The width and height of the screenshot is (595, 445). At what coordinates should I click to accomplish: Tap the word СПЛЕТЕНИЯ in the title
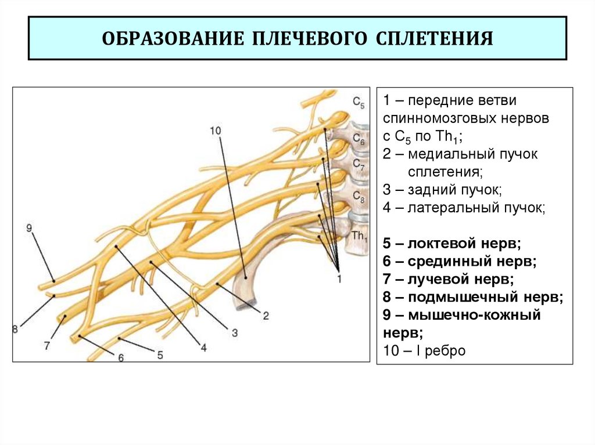pyautogui.click(x=435, y=39)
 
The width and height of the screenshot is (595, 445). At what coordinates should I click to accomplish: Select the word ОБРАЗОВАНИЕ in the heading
pyautogui.click(x=174, y=39)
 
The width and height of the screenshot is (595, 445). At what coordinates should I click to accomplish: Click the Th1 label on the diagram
pyautogui.click(x=360, y=236)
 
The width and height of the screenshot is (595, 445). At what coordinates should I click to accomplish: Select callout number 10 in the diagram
pyautogui.click(x=216, y=131)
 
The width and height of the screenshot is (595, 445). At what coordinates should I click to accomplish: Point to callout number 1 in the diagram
pyautogui.click(x=339, y=279)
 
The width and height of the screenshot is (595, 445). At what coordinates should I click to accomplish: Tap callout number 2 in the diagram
pyautogui.click(x=265, y=316)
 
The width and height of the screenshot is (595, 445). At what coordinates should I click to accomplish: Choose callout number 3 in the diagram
pyautogui.click(x=235, y=332)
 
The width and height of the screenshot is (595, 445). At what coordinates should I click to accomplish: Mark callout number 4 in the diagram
pyautogui.click(x=203, y=347)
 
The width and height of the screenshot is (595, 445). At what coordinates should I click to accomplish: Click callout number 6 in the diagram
pyautogui.click(x=121, y=358)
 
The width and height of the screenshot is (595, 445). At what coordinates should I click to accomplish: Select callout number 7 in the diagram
pyautogui.click(x=47, y=345)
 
